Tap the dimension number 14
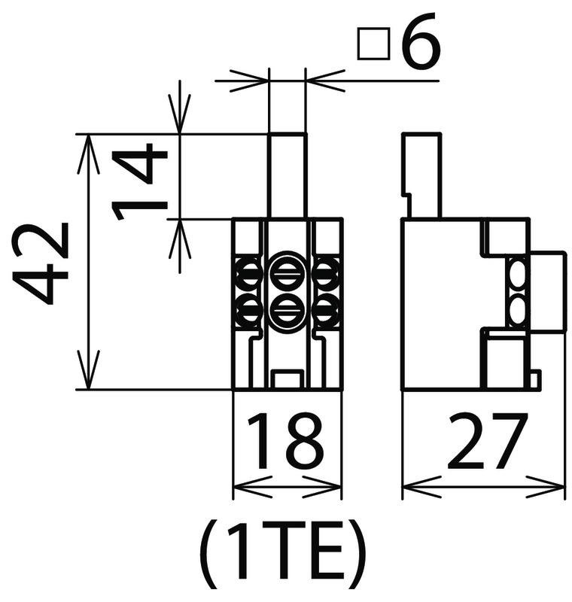pyautogui.click(x=139, y=182)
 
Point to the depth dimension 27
pyautogui.click(x=487, y=442)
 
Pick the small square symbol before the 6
pyautogui.click(x=373, y=44)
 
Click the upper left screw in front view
pyautogui.click(x=248, y=275)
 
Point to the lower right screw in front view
pyautogui.click(x=327, y=310)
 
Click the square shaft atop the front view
pyautogui.click(x=288, y=176)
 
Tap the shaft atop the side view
pyautogui.click(x=421, y=176)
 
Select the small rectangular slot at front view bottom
pyautogui.click(x=287, y=379)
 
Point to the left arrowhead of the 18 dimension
pyautogui.click(x=250, y=488)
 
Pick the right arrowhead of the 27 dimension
pyautogui.click(x=547, y=488)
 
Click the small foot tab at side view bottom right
pyautogui.click(x=536, y=379)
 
